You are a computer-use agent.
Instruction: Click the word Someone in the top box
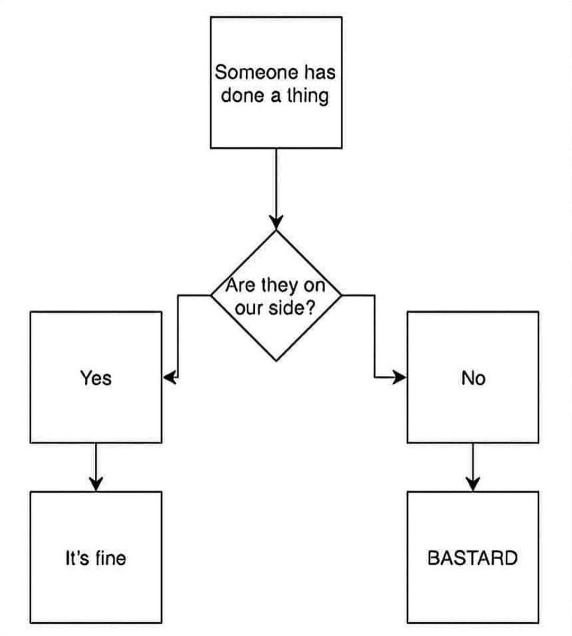256,72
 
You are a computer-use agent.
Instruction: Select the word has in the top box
320,72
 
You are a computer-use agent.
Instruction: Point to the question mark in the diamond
310,307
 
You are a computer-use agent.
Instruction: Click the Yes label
96,378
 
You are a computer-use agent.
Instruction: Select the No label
473,378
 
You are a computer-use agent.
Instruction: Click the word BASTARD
472,558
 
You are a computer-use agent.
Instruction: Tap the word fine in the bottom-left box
111,558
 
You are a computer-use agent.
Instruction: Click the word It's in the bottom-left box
77,558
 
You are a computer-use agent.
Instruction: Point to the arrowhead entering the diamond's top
276,222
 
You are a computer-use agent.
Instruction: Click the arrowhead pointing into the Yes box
170,377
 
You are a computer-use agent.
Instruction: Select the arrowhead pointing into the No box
399,377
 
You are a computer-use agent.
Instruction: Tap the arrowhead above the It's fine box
96,483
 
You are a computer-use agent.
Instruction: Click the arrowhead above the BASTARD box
473,483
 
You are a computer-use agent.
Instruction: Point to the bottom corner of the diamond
276,361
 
